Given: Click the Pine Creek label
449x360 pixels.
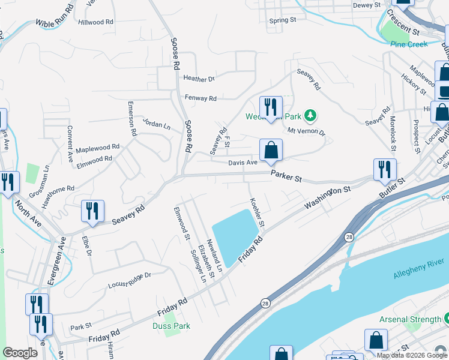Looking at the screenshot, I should click(x=409, y=44).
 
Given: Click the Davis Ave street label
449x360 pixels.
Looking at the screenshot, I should click(x=243, y=162).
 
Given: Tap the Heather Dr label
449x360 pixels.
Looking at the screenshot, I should click(x=199, y=79).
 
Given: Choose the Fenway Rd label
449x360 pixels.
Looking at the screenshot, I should click(x=200, y=98).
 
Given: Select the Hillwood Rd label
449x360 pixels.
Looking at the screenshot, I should click(x=95, y=22).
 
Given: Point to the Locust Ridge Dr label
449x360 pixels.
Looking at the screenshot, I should click(x=128, y=280).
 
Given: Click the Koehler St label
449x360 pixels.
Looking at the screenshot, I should click(x=257, y=212).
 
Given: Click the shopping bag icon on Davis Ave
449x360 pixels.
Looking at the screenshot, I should click(x=271, y=150).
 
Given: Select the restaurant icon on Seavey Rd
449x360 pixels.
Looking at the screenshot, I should click(x=92, y=211).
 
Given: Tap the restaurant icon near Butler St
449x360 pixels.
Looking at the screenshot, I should click(x=384, y=170).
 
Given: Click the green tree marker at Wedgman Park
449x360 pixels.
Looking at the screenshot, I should click(x=310, y=115).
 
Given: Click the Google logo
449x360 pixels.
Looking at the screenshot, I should click(x=20, y=353).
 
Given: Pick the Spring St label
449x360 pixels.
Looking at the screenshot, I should click(x=283, y=20).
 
